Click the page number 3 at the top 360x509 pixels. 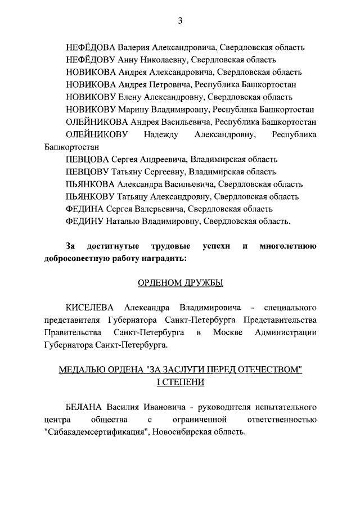coord(180,21)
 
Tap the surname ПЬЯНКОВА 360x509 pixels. coord(90,184)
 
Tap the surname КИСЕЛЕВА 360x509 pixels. coord(90,308)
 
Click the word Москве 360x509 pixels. coord(229,332)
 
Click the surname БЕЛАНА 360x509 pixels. coord(83,407)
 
